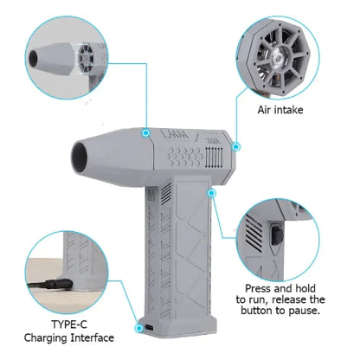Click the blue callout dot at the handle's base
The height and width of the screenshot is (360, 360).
138,328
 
